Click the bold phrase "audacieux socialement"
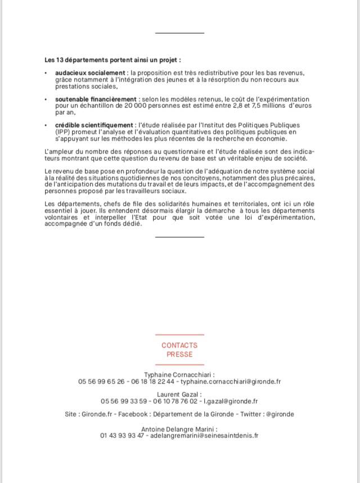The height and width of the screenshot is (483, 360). (90, 73)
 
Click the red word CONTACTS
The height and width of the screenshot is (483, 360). (179, 345)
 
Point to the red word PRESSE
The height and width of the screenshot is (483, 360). (179, 354)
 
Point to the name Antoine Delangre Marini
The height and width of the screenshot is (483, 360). (179, 428)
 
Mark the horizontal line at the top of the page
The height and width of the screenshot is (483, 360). (179, 33)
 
